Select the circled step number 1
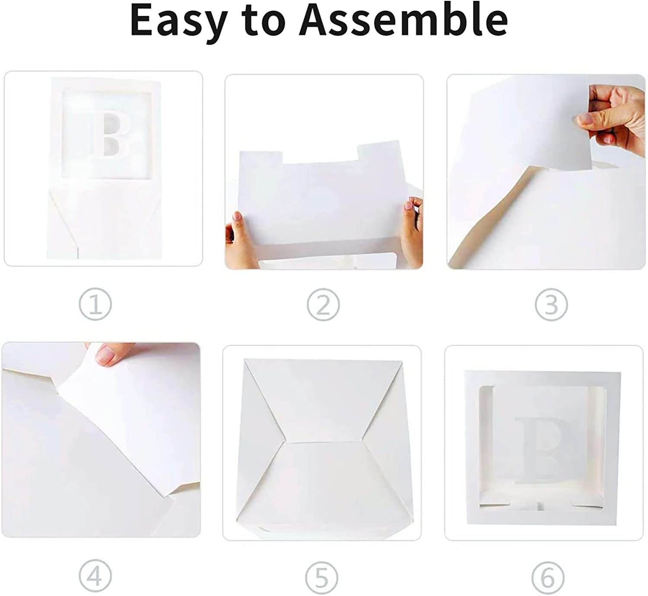point(95,304)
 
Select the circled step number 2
point(324,304)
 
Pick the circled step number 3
point(551,304)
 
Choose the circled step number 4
point(95,576)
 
